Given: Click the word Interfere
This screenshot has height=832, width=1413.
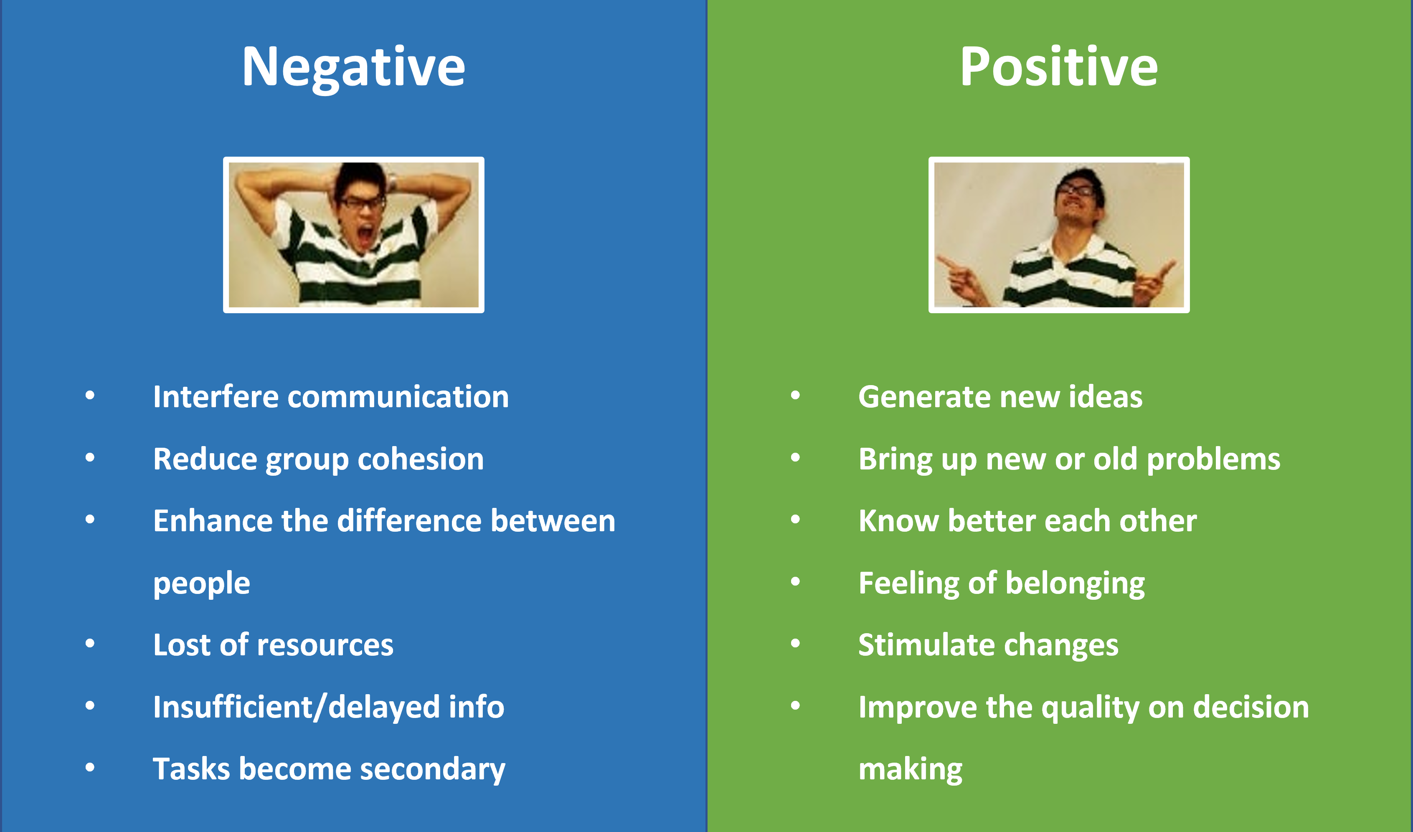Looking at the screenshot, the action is pyautogui.click(x=216, y=397).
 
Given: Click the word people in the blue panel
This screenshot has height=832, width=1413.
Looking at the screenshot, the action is pyautogui.click(x=202, y=585).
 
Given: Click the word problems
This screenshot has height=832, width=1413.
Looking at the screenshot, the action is pyautogui.click(x=1213, y=460).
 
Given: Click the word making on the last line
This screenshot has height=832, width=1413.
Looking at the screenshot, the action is pyautogui.click(x=911, y=770).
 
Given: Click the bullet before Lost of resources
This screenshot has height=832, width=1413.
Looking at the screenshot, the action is pyautogui.click(x=90, y=643).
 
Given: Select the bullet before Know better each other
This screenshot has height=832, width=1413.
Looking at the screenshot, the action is pyautogui.click(x=795, y=519).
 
